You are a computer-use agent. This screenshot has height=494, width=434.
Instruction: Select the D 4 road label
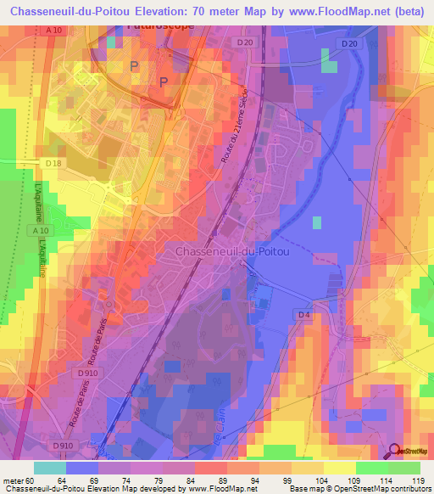pos(305,316)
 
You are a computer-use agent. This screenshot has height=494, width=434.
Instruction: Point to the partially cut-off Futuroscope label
pos(159,25)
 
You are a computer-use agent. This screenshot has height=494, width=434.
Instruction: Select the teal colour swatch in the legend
pos(50,468)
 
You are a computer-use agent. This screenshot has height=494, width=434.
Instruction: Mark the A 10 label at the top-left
pos(55,31)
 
